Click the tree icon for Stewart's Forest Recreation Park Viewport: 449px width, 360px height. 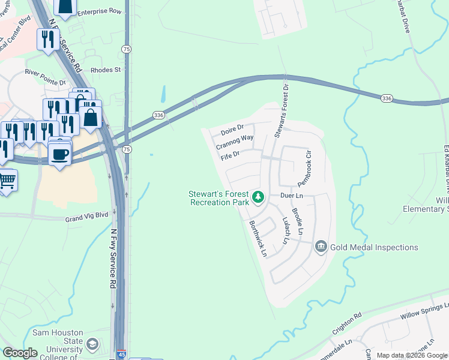258,196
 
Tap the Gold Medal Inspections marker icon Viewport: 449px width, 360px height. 321,247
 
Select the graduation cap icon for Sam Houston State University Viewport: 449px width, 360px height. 92,344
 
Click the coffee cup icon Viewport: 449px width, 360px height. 59,154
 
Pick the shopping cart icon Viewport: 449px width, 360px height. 7,179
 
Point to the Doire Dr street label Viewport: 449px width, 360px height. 232,128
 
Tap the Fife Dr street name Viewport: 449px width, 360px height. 230,156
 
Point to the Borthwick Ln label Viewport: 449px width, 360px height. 258,238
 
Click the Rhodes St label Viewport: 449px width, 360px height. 106,70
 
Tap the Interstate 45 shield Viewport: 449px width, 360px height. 121,355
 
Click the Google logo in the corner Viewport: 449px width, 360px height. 20,352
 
